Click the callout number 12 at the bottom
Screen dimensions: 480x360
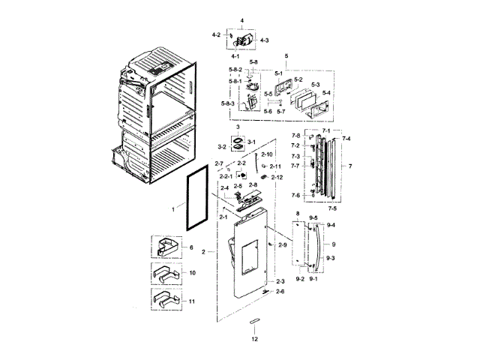coord(254,338)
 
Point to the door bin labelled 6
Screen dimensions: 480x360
coord(168,247)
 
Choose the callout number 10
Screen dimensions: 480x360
coord(192,273)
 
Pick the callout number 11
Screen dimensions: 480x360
coord(192,301)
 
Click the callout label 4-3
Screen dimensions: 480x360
coord(265,39)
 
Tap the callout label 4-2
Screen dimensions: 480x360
coord(216,34)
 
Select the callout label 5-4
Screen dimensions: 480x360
coord(325,93)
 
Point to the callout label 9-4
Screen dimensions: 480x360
coord(331,225)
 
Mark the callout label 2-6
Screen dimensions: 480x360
coord(280,291)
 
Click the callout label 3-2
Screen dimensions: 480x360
coord(222,147)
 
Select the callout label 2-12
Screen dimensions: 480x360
coord(276,177)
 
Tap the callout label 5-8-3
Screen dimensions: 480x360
coord(228,103)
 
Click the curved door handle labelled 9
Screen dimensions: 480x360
coord(320,244)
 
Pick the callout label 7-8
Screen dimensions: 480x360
coord(295,136)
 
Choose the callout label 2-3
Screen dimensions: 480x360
coord(280,281)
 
